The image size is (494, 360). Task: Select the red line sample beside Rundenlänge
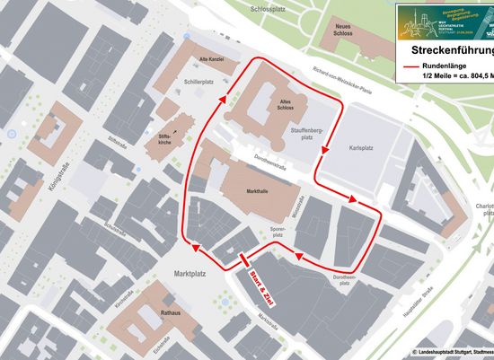(414, 67)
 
